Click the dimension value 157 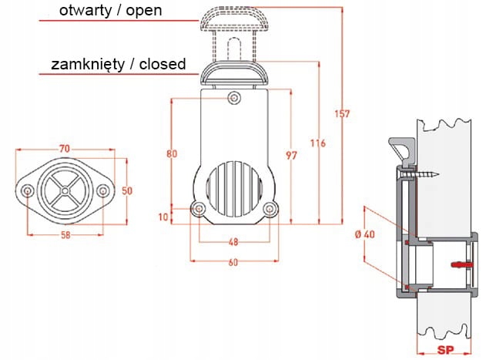pos(343,114)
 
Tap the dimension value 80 pos(171,153)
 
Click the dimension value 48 pos(233,241)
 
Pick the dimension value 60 pos(233,263)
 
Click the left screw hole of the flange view pos(28,190)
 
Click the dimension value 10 pos(163,217)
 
